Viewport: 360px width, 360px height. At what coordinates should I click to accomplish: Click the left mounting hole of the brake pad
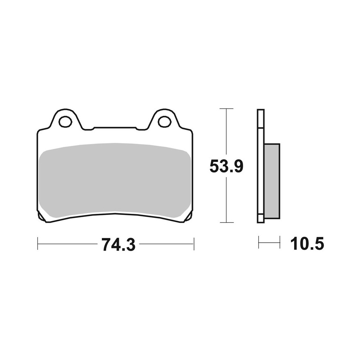(65, 122)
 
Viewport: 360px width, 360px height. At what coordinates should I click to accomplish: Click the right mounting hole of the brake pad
(164, 121)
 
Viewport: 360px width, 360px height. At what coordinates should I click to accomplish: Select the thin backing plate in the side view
(261, 166)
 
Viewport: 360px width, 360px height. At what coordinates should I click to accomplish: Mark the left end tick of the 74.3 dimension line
(38, 243)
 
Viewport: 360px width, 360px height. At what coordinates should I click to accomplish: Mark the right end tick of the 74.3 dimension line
(194, 243)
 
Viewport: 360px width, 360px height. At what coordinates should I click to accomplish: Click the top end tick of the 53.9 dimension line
(226, 108)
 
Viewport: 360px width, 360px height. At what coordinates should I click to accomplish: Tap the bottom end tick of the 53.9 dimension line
(226, 223)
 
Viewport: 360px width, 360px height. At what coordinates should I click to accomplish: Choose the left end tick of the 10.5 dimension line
(258, 242)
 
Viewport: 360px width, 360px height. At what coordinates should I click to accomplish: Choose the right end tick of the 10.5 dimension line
(280, 242)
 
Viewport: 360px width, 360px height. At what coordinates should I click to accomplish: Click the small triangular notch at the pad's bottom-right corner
(189, 216)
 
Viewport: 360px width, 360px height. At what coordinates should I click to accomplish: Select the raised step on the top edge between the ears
(114, 127)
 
